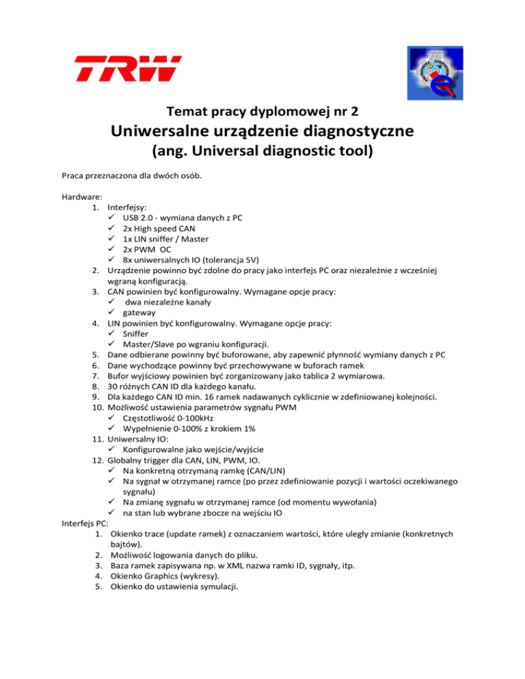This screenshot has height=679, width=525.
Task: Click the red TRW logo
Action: (x=128, y=68)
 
